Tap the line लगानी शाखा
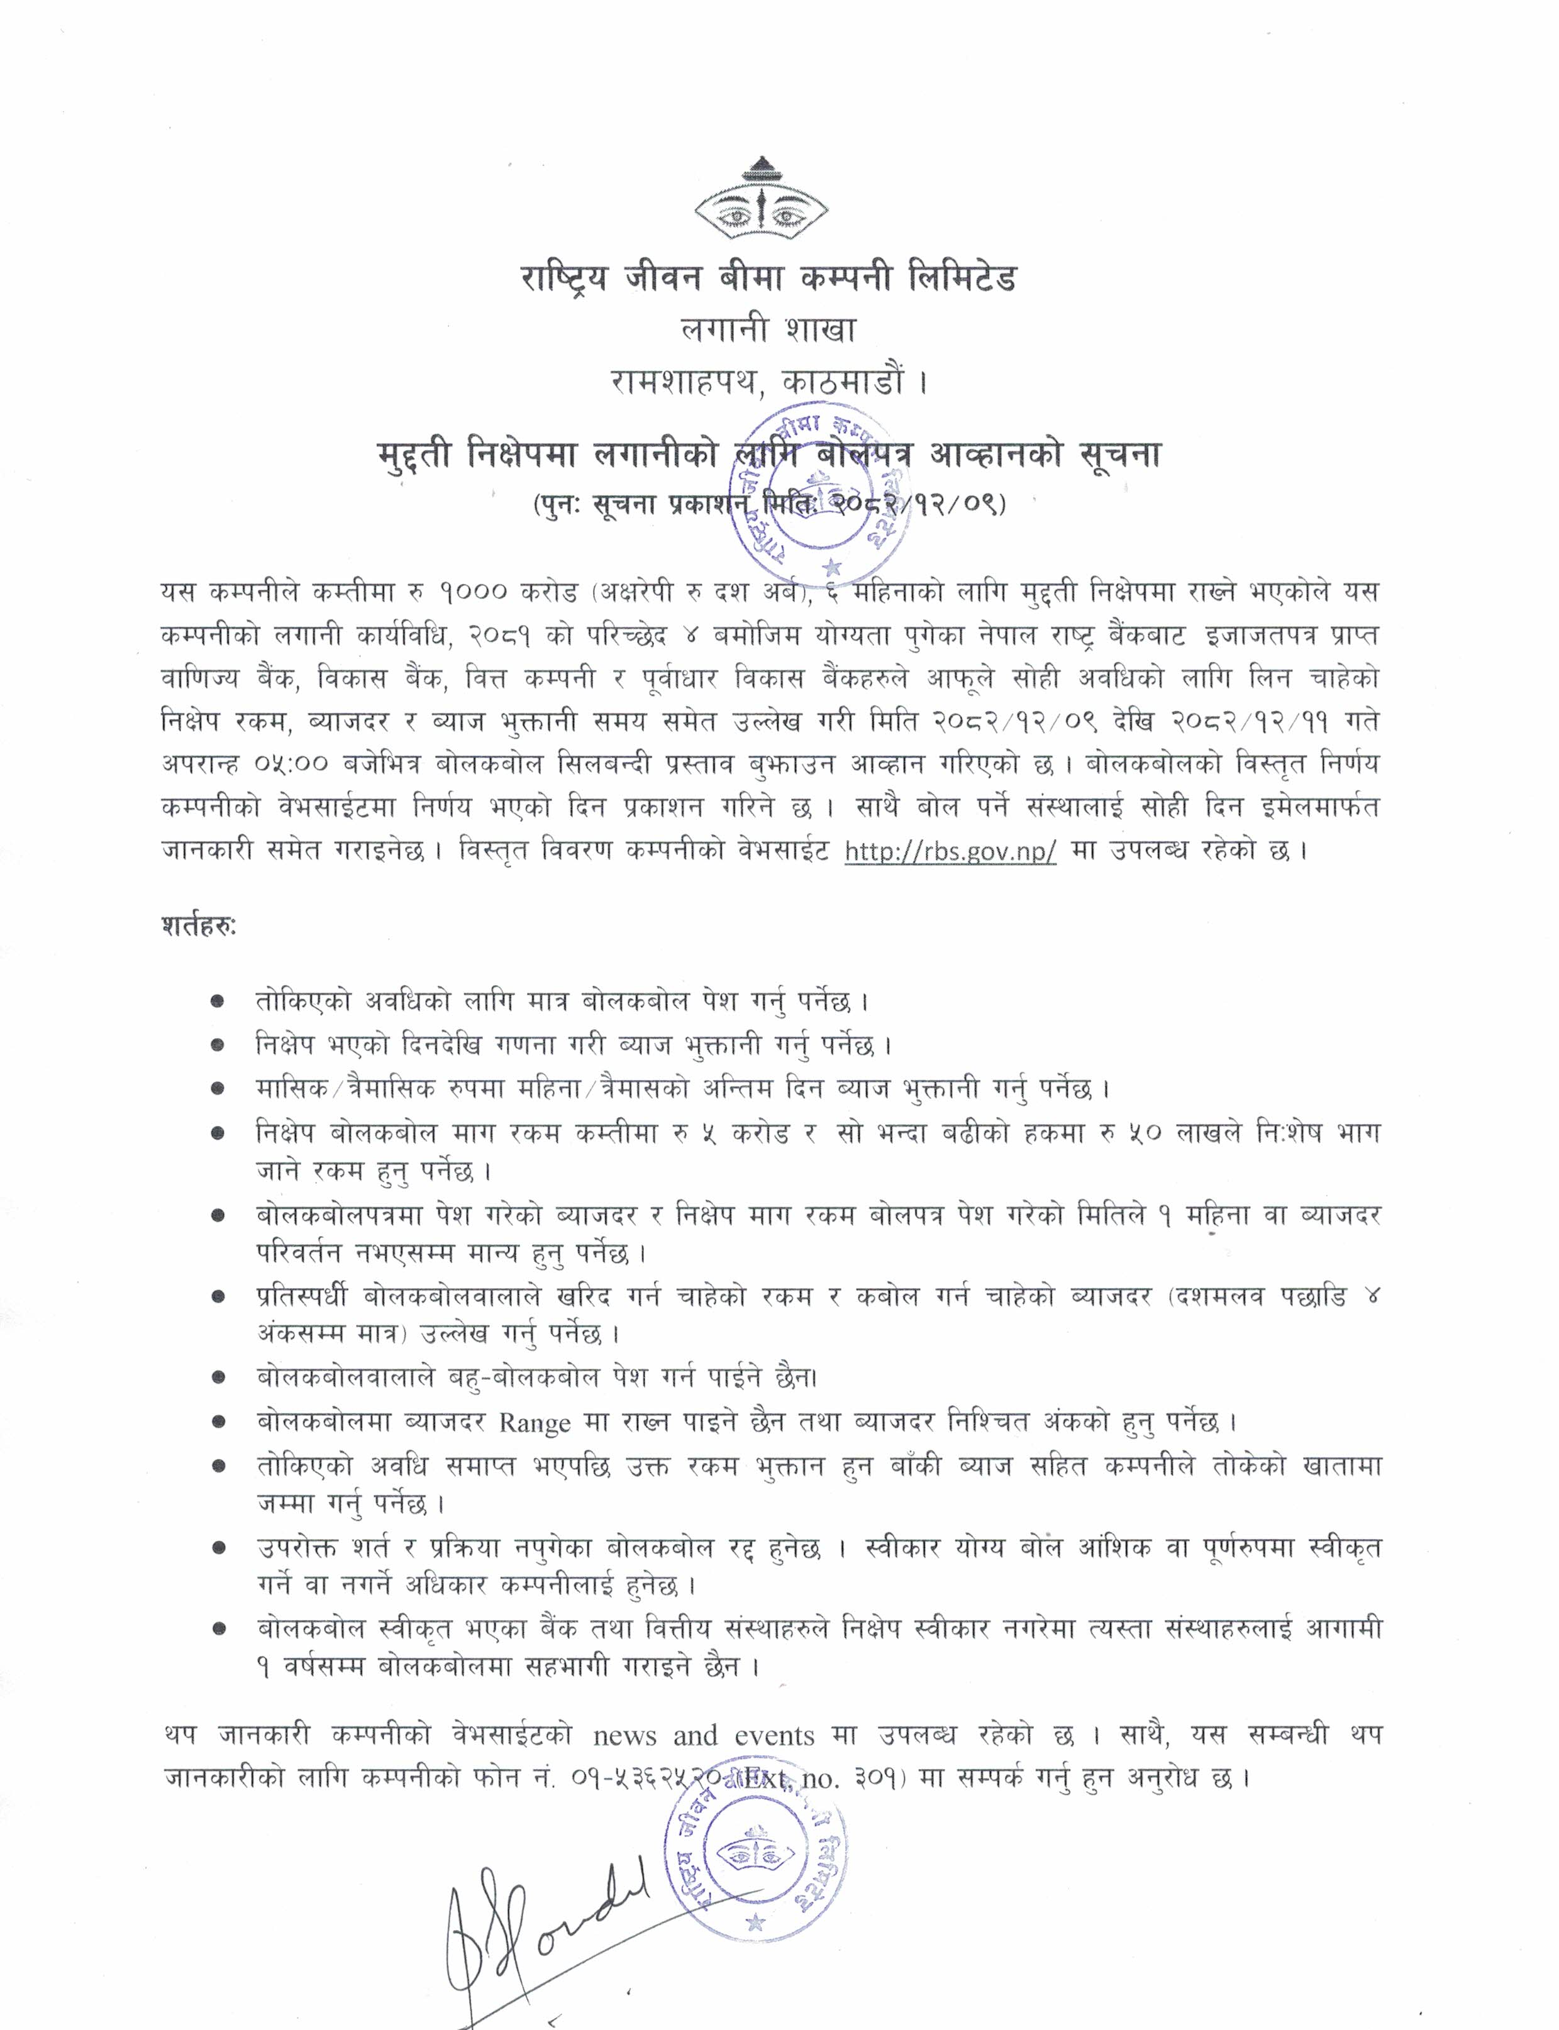[768, 329]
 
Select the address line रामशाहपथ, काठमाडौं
[768, 380]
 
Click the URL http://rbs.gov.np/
[950, 852]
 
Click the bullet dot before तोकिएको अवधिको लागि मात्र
[217, 1002]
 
